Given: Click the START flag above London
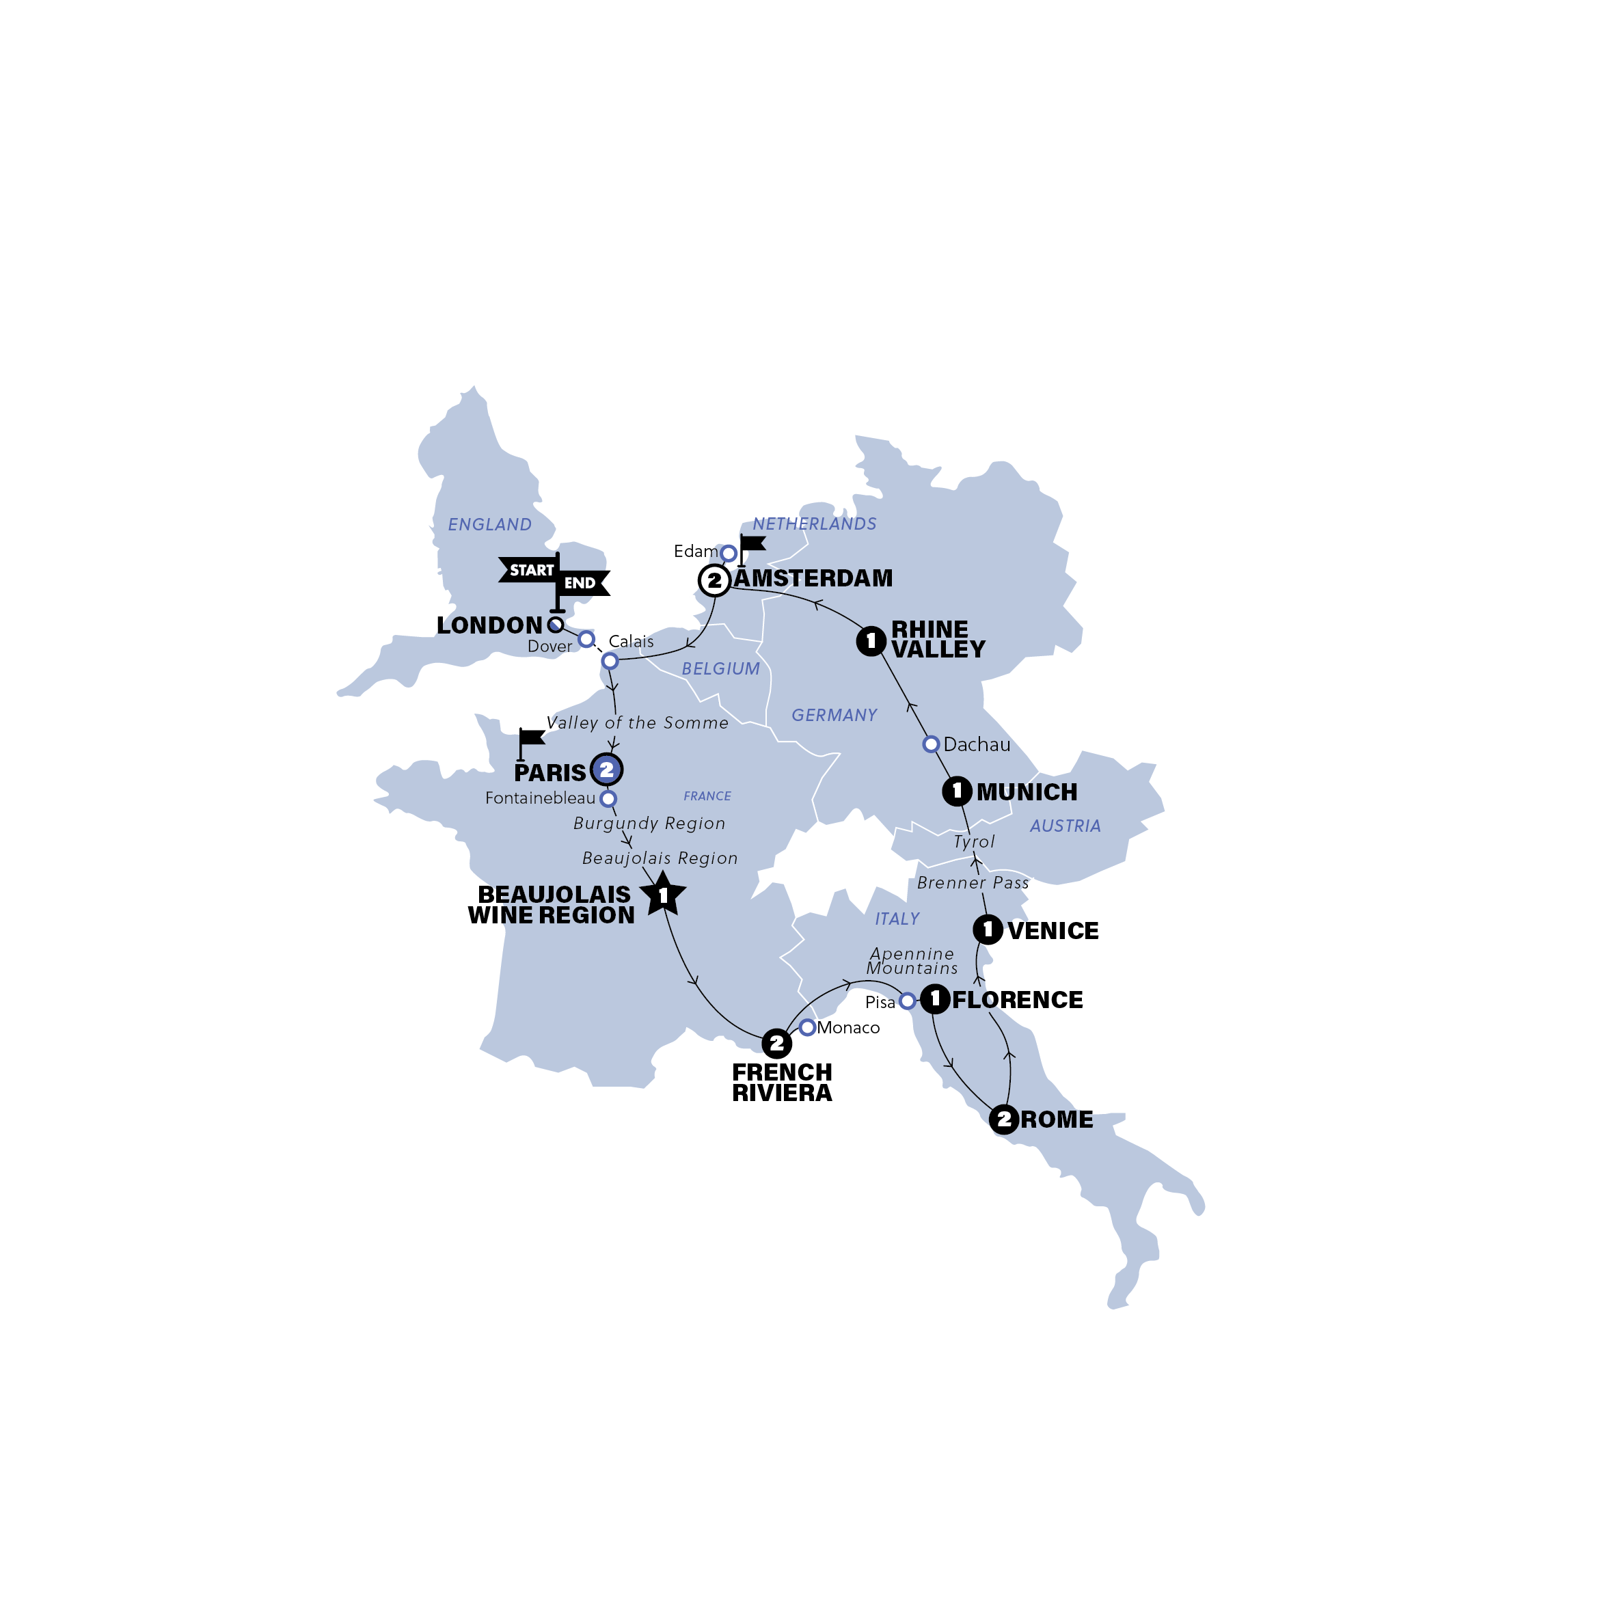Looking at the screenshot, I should pyautogui.click(x=530, y=570).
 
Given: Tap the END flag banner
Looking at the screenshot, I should pyautogui.click(x=582, y=584).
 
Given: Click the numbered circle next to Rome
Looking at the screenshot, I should pyautogui.click(x=1003, y=1119).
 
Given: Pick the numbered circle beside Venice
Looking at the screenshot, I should pyautogui.click(x=987, y=929).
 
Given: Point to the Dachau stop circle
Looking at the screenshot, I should pyautogui.click(x=930, y=744).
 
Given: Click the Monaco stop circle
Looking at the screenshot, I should pyautogui.click(x=806, y=1027).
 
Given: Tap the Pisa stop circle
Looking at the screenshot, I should pyautogui.click(x=907, y=1001).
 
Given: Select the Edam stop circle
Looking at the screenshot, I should pyautogui.click(x=729, y=554).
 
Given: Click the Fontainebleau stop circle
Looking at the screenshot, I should pyautogui.click(x=608, y=798).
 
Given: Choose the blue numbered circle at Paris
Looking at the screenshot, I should pyautogui.click(x=607, y=769).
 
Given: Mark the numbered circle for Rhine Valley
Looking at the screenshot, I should pyautogui.click(x=871, y=641).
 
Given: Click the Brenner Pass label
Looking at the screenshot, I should pyautogui.click(x=972, y=883).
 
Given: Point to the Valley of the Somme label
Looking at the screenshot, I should pyautogui.click(x=637, y=723).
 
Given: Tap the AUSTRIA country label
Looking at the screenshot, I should pyautogui.click(x=1065, y=826).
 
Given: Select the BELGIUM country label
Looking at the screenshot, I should pyautogui.click(x=720, y=668).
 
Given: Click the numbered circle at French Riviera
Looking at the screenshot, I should pyautogui.click(x=776, y=1043).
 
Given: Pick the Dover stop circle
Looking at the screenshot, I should pyautogui.click(x=587, y=640).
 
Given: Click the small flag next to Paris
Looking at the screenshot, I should pyautogui.click(x=530, y=739).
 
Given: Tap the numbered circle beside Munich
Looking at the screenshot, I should pyautogui.click(x=957, y=791).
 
